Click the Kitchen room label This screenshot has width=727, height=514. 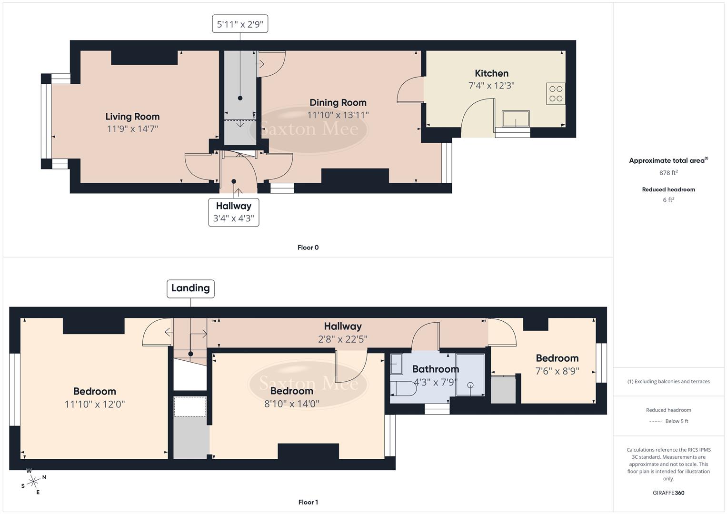point(491,73)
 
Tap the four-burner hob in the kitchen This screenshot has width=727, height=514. point(556,94)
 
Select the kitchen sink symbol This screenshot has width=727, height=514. point(516,119)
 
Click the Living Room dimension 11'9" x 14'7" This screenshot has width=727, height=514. point(132,128)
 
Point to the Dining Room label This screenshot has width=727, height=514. point(338,102)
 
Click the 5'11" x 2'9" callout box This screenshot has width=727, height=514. point(240,24)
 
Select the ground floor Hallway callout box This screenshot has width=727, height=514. point(233,212)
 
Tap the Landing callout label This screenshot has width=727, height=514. point(190,288)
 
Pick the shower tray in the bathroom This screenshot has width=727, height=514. point(470,375)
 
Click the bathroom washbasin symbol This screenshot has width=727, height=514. point(397,365)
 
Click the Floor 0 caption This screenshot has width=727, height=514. point(308,247)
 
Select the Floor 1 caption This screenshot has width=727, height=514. point(308,502)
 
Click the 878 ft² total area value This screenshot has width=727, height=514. point(668,173)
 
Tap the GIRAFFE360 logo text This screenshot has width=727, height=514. point(668,493)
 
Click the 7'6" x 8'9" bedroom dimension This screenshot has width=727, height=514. point(557,371)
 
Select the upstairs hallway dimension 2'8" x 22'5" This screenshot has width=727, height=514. point(343,339)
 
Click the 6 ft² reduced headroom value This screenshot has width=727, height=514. point(668,200)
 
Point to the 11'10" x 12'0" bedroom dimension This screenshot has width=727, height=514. point(94,404)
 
